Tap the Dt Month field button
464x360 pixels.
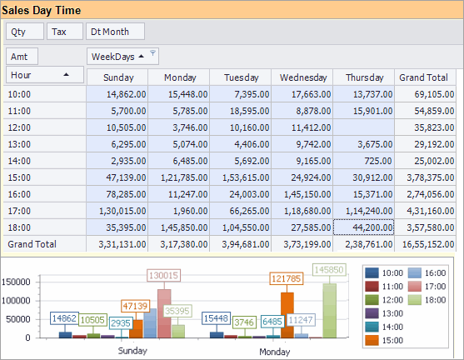click(x=114, y=32)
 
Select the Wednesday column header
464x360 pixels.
click(x=302, y=77)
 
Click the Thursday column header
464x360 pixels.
click(x=364, y=77)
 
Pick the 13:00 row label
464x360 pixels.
click(x=20, y=143)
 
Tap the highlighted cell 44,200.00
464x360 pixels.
click(x=364, y=227)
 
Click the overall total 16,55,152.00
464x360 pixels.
click(x=425, y=244)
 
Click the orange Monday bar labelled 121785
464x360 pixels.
click(x=287, y=314)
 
